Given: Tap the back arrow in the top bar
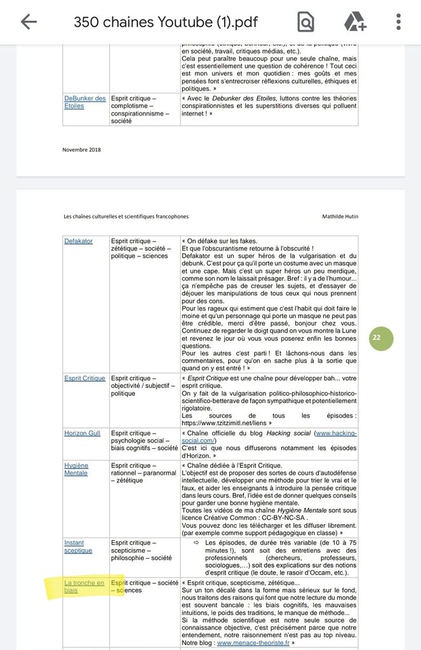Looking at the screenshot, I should [29, 22].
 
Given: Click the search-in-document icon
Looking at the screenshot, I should [305, 22].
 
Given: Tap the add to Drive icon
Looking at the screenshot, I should [355, 22].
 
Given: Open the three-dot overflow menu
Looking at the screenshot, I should [398, 22].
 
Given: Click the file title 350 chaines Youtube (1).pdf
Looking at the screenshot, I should [175, 22].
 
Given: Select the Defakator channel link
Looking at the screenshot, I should [78, 241].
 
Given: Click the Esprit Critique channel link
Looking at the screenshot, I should [84, 378].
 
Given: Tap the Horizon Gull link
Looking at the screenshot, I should [82, 433].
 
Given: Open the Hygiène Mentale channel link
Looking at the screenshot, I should [76, 469].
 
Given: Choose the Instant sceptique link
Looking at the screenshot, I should [79, 547].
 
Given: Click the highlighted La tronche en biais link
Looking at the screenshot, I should [84, 587].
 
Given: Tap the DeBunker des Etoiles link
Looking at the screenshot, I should [84, 102].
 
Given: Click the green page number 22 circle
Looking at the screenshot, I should [377, 338].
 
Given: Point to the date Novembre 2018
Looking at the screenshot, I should [81, 150].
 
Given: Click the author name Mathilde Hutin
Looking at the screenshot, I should [340, 216].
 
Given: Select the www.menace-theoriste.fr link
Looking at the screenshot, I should [253, 642].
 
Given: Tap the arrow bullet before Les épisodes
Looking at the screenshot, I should [197, 543].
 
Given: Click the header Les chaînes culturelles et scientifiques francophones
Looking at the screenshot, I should [126, 216].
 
